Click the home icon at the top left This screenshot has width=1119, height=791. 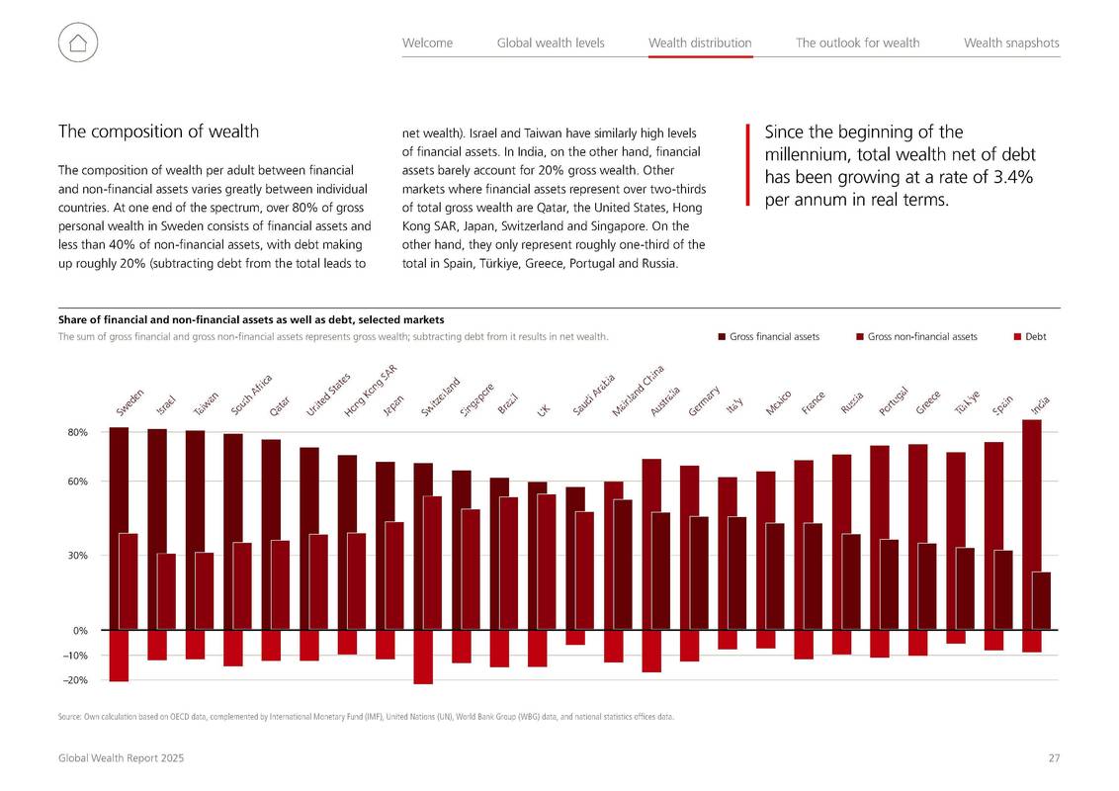[78, 43]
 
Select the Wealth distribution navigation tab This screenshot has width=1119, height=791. [700, 43]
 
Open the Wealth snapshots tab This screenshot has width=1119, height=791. [1011, 43]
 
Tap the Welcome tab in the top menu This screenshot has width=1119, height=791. [427, 43]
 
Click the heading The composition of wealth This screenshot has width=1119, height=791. [158, 132]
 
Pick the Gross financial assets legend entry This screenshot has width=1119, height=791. [769, 337]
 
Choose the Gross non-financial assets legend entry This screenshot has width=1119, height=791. [917, 337]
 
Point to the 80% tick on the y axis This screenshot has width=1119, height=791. [78, 433]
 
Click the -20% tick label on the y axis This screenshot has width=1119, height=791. [76, 680]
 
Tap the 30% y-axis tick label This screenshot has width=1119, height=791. [78, 556]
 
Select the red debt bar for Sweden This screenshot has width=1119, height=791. [120, 657]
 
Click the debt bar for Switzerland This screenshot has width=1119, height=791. [423, 658]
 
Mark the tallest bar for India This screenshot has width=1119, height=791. [1032, 525]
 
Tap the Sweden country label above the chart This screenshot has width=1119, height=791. [129, 401]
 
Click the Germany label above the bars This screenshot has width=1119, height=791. [704, 400]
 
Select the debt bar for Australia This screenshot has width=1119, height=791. [651, 652]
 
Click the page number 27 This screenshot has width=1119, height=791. [1054, 758]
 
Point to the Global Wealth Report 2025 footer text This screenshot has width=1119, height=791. [122, 758]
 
